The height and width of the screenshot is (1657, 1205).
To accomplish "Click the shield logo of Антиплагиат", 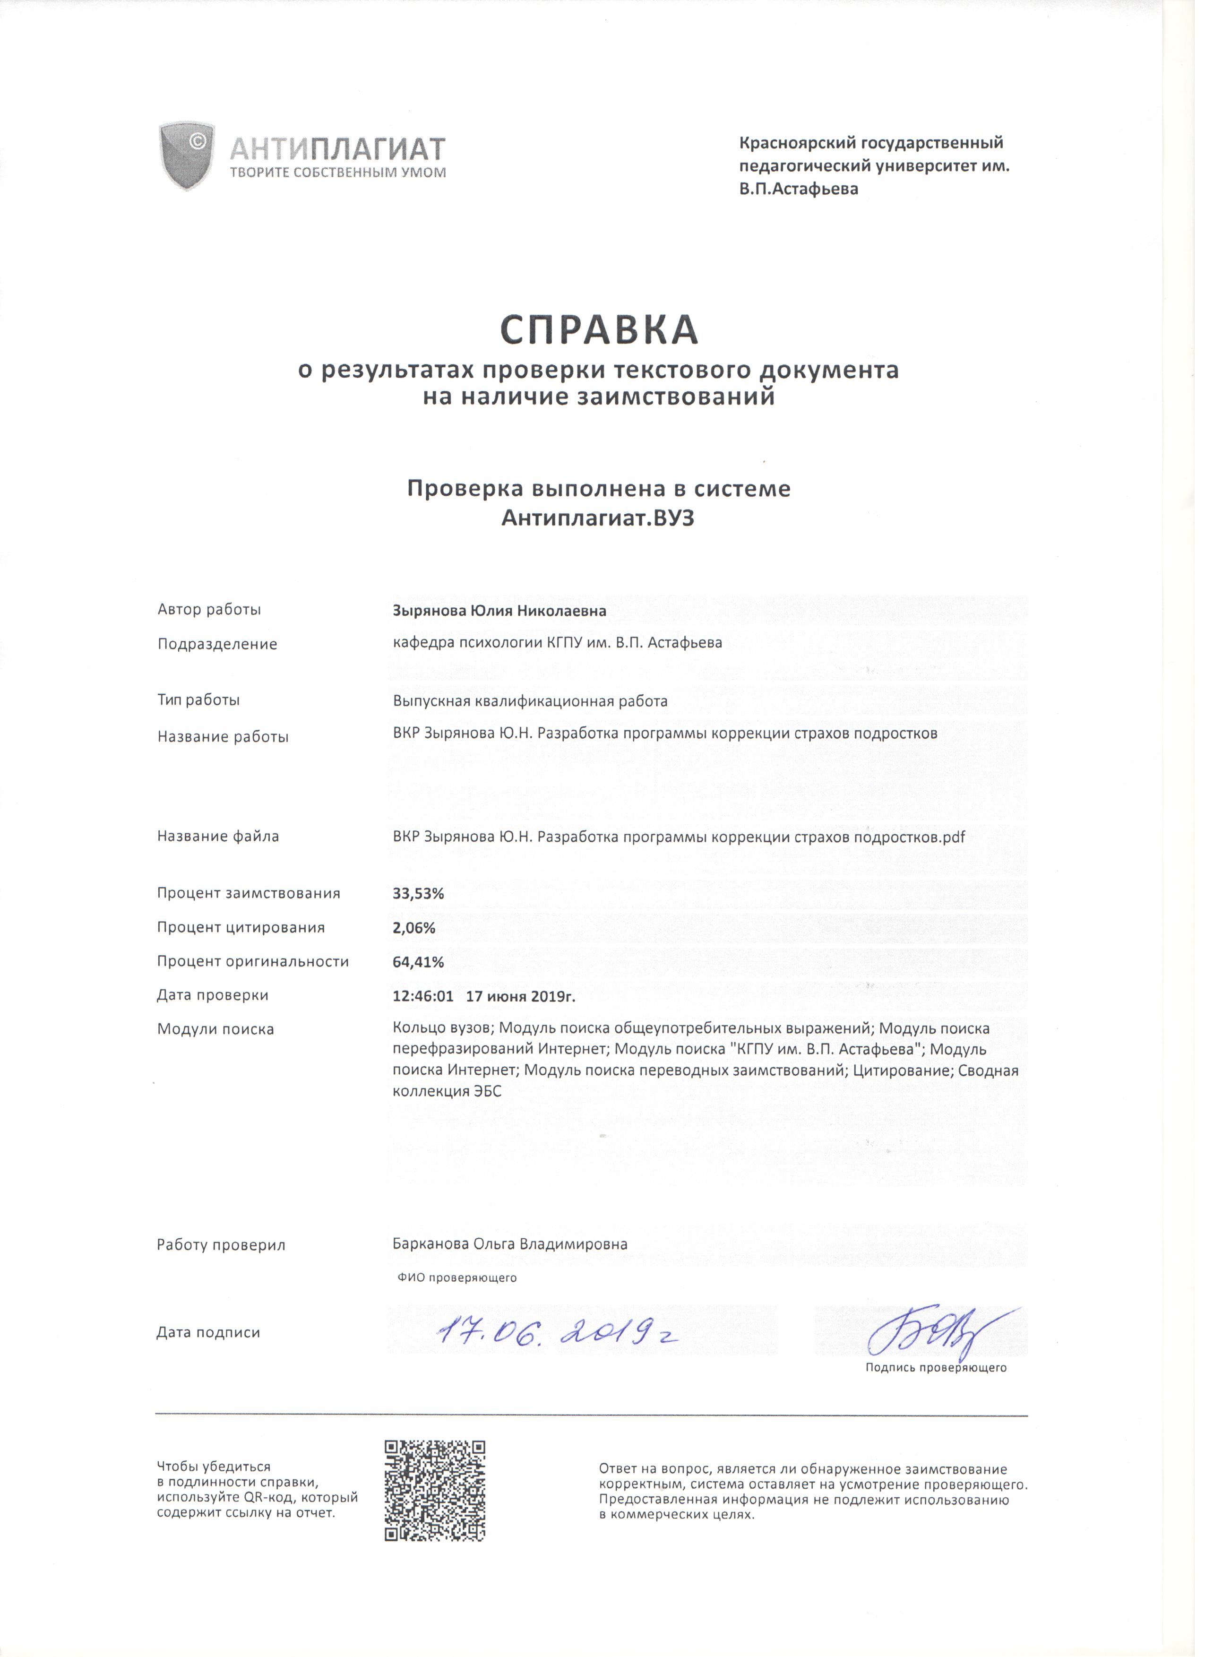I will pyautogui.click(x=188, y=156).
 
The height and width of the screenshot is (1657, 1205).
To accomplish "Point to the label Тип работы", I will pyautogui.click(x=200, y=706).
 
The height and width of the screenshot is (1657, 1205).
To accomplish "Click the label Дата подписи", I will pyautogui.click(x=210, y=1339).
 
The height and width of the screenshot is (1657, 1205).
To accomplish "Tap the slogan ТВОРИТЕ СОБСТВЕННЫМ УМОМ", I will pyautogui.click(x=340, y=174).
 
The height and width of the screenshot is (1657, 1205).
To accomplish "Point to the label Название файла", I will pyautogui.click(x=219, y=842).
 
